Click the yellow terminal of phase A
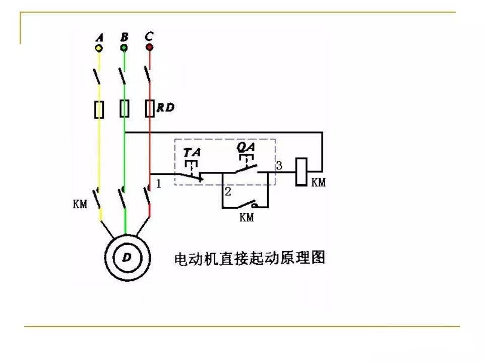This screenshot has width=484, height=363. click(x=99, y=48)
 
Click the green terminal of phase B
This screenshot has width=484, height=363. click(x=124, y=48)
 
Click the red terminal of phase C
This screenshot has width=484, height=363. click(x=149, y=47)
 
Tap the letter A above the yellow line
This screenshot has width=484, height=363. click(x=99, y=38)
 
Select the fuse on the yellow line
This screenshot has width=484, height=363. click(x=99, y=109)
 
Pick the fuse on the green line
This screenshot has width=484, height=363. click(x=125, y=108)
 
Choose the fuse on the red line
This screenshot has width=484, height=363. click(x=150, y=108)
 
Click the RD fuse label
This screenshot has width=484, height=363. click(x=166, y=107)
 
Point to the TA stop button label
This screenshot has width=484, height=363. click(x=192, y=152)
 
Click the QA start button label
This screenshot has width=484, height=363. click(x=246, y=146)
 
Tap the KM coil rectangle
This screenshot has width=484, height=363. click(x=301, y=172)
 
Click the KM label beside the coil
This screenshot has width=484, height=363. click(x=318, y=183)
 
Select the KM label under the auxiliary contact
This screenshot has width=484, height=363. click(x=247, y=217)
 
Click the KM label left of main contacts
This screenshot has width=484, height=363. click(x=80, y=204)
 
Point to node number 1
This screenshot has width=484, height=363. click(x=159, y=184)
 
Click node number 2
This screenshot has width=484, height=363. click(x=228, y=192)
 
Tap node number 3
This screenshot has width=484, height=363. click(x=279, y=166)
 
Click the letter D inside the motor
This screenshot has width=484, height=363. click(x=127, y=257)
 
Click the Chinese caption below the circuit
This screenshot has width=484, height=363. click(x=250, y=258)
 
